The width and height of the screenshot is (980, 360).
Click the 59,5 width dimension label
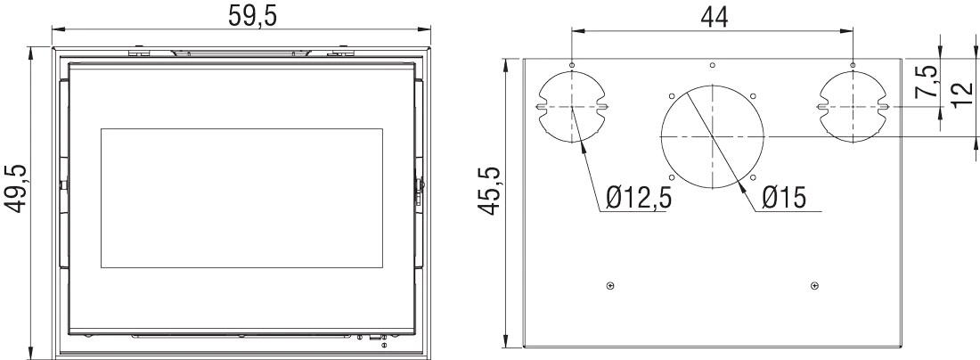coord(252,16)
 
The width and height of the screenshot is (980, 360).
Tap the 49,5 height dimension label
coord(18,189)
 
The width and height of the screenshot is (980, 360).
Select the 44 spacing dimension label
coord(714,18)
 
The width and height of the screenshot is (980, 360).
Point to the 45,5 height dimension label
coord(490,192)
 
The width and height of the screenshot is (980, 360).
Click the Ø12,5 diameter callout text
coord(639,198)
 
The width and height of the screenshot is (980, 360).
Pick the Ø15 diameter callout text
coord(784,198)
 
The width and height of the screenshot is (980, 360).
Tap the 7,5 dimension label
coord(927,81)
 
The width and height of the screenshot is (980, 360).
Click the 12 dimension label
coord(963,95)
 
